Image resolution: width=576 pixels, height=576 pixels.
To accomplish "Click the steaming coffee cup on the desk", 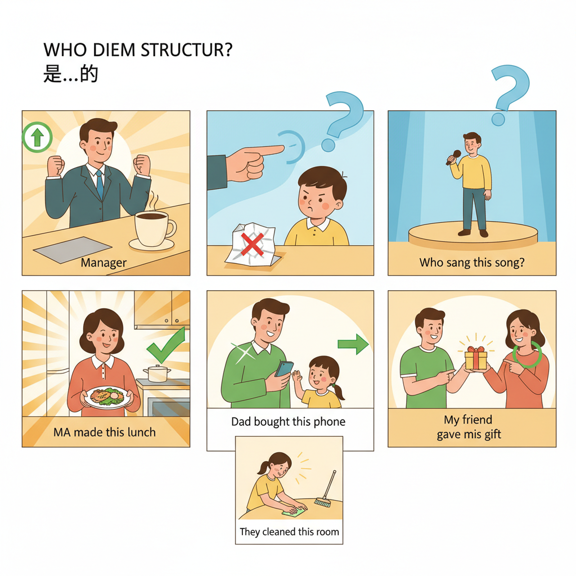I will (153, 228).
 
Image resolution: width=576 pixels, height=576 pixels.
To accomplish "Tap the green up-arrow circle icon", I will (37, 137).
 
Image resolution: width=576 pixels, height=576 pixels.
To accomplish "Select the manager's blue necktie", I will (100, 184).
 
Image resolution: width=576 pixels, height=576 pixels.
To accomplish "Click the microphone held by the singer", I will (454, 157).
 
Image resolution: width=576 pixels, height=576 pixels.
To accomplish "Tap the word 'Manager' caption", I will (103, 263).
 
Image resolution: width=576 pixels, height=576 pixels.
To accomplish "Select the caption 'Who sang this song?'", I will (471, 263).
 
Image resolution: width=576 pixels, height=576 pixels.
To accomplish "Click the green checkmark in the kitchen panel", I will (166, 346).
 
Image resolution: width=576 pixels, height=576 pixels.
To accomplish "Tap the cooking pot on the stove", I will (157, 372).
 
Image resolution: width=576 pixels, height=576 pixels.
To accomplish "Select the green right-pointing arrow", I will (353, 344).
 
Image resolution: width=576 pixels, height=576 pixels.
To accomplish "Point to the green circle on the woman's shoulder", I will (529, 355).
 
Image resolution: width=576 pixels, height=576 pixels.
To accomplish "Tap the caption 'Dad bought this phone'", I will (288, 421).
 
